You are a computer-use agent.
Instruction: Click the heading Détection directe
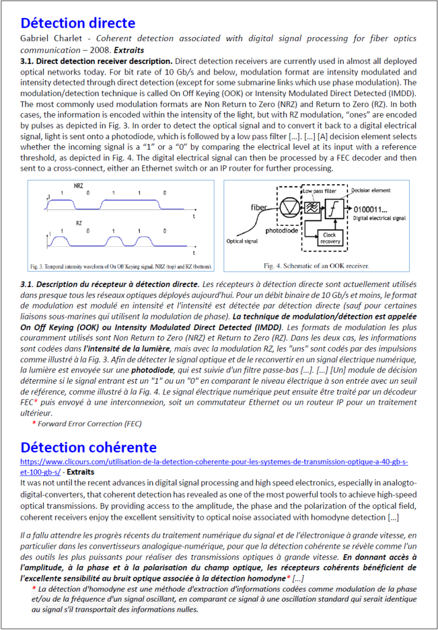(78, 23)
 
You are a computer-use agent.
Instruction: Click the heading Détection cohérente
(89, 446)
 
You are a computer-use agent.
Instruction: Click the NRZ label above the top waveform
(79, 185)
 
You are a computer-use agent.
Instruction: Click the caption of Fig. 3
(121, 267)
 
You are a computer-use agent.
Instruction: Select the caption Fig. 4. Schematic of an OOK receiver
(317, 266)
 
